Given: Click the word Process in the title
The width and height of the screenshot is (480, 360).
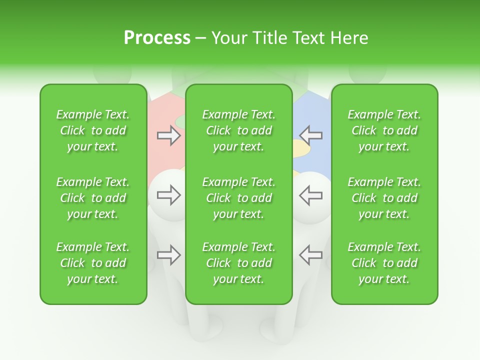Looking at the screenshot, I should pos(157,38).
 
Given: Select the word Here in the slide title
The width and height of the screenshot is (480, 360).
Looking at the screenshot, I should pos(349,38).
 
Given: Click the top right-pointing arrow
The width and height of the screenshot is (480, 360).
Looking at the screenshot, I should pos(168,135).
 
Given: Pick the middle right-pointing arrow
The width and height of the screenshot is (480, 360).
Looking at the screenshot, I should pos(168,195).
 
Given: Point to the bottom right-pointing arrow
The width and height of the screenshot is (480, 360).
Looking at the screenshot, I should pos(168,255).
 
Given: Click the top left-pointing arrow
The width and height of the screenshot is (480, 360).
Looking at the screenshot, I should pos(310,135).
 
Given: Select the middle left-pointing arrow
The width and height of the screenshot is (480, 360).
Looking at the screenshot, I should pos(310,195).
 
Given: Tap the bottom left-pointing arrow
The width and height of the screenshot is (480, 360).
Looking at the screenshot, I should pos(310,255).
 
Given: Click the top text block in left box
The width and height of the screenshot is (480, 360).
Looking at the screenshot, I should pos(93,130).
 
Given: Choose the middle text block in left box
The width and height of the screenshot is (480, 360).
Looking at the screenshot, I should pos(93,198).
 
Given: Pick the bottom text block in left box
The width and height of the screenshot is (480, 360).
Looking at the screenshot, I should pos(93,263).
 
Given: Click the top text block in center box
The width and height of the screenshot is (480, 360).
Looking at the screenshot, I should pos(239,130).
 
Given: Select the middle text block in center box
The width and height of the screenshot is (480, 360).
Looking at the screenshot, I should pos(239,198).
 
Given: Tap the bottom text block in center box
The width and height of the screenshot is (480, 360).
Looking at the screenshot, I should pos(239,263).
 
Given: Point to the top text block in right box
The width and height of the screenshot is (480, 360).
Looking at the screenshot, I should pos(384,130).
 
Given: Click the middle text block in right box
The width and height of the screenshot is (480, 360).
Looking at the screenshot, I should pos(384,198).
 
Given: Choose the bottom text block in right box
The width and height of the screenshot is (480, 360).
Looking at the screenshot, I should pos(384,263).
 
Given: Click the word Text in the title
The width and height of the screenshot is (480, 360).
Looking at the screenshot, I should pos(307,38).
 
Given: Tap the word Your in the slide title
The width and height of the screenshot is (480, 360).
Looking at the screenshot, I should pos(228,38).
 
